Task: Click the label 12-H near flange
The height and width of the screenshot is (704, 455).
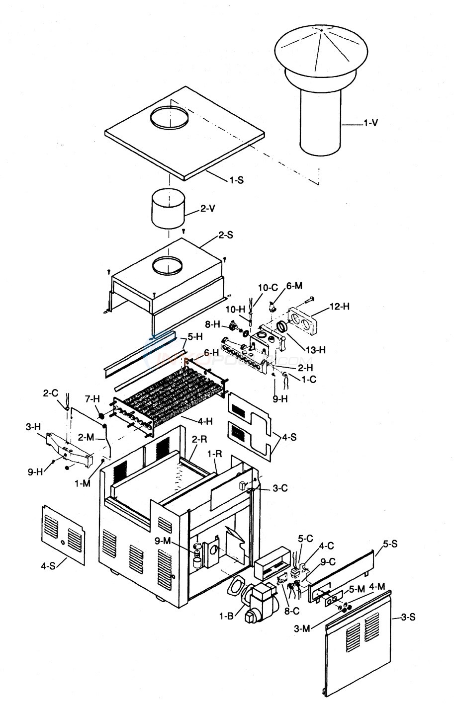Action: coord(340,307)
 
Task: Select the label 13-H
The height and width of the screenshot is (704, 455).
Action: coord(316,350)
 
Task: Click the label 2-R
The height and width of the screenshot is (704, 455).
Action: coord(199,440)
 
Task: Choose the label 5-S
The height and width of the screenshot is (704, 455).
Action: coord(390,545)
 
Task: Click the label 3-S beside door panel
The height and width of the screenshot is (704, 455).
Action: coord(407,617)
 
